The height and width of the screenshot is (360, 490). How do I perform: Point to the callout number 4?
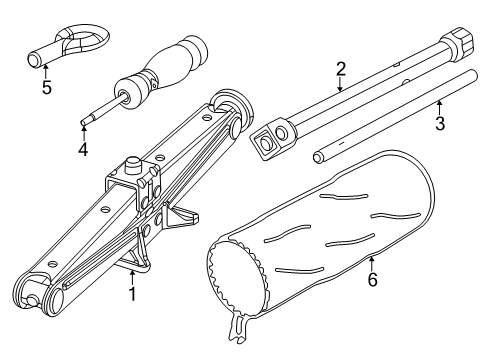tap(84, 150)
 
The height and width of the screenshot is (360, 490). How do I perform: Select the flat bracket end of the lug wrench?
tap(271, 141)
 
